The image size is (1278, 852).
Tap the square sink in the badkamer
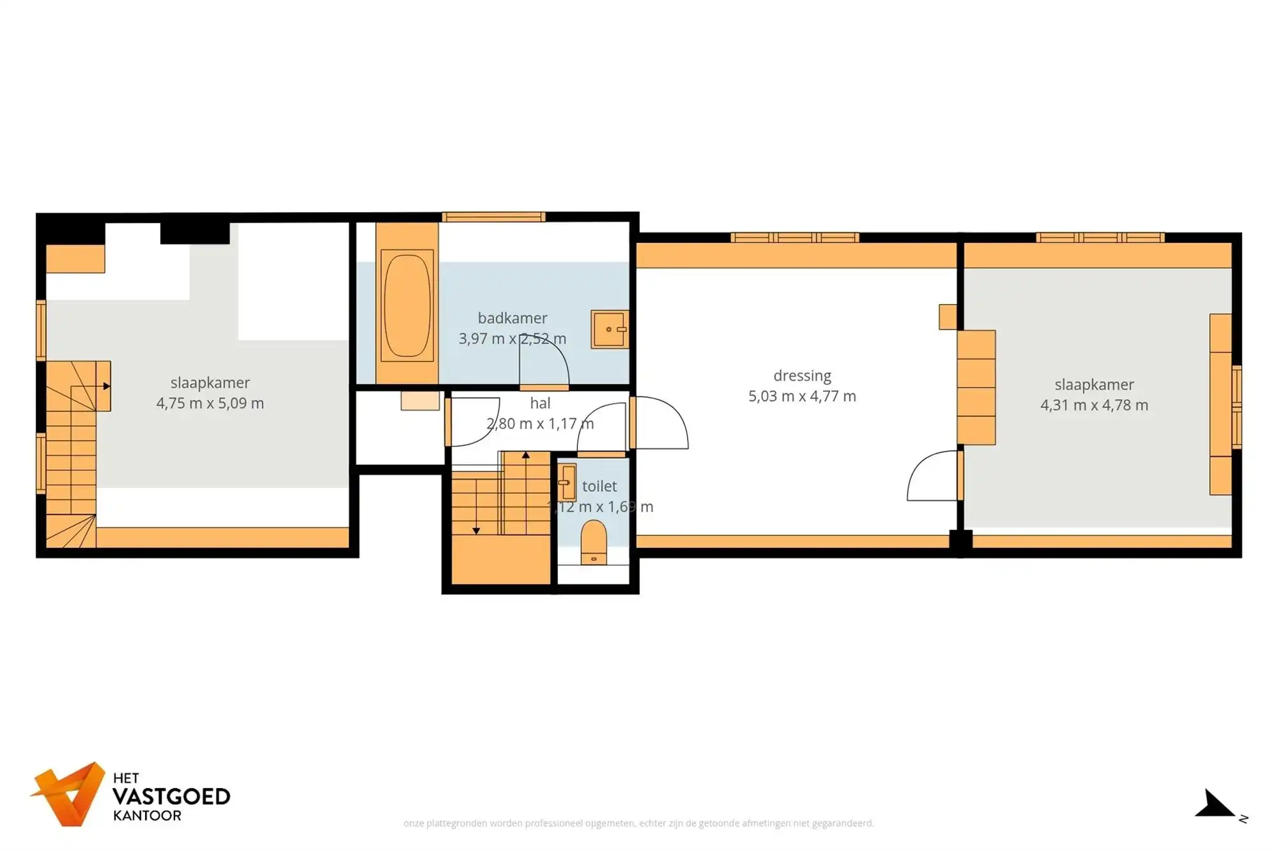click(x=609, y=329)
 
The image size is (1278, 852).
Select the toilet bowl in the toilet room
click(x=594, y=542)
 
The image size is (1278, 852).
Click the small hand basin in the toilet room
click(x=566, y=482)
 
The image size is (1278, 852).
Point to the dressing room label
click(x=802, y=376)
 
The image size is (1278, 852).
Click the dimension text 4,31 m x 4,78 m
click(x=1094, y=405)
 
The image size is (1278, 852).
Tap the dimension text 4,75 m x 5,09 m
click(x=210, y=403)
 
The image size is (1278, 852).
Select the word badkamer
click(x=512, y=317)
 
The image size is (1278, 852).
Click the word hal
click(x=540, y=403)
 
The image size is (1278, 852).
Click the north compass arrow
click(x=1215, y=804)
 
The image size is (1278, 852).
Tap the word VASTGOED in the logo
click(x=171, y=796)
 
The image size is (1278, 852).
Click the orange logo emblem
click(x=68, y=793)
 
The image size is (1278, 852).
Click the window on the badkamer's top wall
click(x=493, y=217)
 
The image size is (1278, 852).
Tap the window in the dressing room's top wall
click(x=794, y=238)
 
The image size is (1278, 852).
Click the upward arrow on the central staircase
click(x=525, y=455)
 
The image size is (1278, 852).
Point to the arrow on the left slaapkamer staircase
click(x=106, y=386)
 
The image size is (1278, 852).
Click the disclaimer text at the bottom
click(x=638, y=823)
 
